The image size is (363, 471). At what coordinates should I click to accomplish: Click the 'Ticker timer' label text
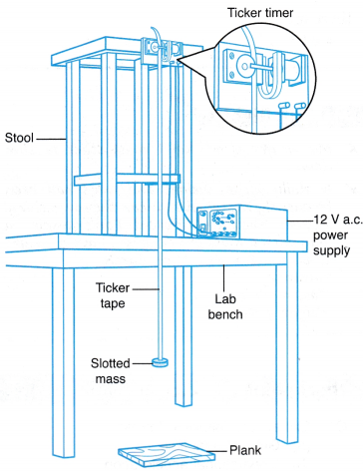pyautogui.click(x=260, y=13)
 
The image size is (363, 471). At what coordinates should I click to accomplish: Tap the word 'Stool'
pyautogui.click(x=19, y=138)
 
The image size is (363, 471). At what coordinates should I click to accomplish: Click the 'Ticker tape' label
pyautogui.click(x=113, y=295)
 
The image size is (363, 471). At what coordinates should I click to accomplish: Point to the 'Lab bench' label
pyautogui.click(x=225, y=306)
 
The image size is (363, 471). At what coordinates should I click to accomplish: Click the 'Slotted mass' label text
pyautogui.click(x=111, y=371)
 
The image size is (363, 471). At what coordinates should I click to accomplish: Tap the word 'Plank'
pyautogui.click(x=245, y=450)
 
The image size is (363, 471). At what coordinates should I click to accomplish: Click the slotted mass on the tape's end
pyautogui.click(x=160, y=362)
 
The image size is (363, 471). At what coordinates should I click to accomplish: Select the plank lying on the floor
pyautogui.click(x=167, y=452)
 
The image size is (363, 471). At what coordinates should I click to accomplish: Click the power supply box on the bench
pyautogui.click(x=242, y=223)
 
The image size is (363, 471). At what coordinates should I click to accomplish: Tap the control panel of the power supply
pyautogui.click(x=217, y=223)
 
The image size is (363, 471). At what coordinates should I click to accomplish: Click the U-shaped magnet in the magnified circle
pyautogui.click(x=271, y=76)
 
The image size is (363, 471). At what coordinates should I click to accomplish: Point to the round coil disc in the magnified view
pyautogui.click(x=245, y=66)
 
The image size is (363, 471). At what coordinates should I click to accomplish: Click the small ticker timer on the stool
pyautogui.click(x=162, y=51)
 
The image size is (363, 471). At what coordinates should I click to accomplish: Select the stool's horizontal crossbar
pyautogui.click(x=127, y=180)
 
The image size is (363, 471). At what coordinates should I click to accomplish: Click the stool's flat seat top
pyautogui.click(x=127, y=53)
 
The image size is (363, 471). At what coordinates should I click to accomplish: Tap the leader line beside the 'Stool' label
pyautogui.click(x=50, y=139)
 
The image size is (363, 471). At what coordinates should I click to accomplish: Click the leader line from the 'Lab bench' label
pyautogui.click(x=223, y=277)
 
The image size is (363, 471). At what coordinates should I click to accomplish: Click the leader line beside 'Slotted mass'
pyautogui.click(x=143, y=363)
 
